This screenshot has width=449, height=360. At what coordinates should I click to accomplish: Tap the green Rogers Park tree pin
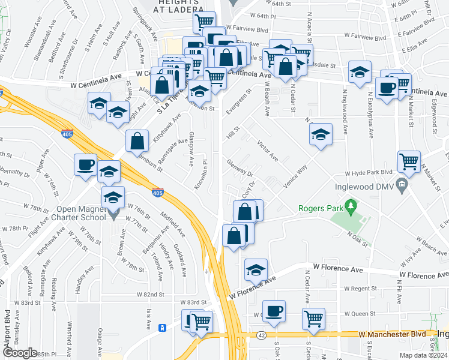(352, 208)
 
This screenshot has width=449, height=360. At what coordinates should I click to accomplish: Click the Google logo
(20, 352)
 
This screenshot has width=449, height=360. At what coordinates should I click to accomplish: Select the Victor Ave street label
(267, 151)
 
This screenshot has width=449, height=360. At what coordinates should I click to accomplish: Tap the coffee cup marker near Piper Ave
(85, 164)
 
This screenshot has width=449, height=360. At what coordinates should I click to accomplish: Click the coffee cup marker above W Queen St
(274, 311)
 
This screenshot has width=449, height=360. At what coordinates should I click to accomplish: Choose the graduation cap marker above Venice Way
(321, 134)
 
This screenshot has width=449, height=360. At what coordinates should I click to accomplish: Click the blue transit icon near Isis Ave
(161, 328)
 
